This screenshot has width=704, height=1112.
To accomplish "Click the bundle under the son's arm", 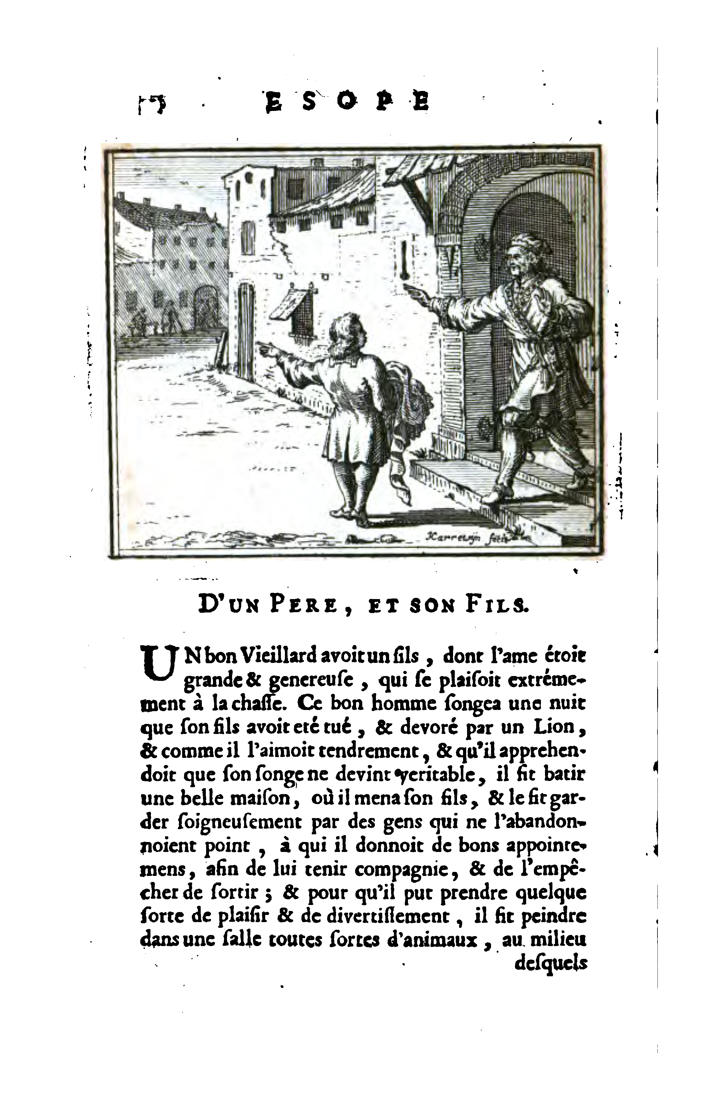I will coord(411,393).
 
